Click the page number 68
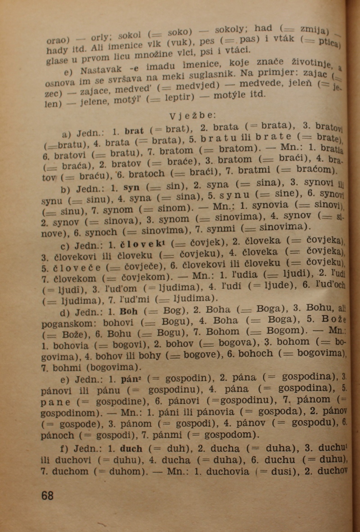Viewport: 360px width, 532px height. click(47, 495)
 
